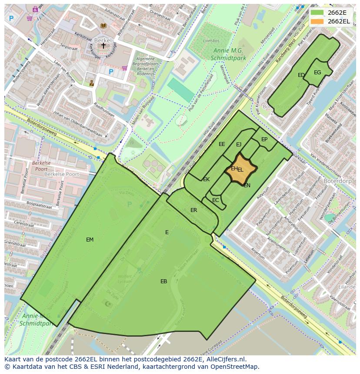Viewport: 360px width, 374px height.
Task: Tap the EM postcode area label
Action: pos(90,239)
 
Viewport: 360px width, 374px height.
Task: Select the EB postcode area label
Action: pos(163,281)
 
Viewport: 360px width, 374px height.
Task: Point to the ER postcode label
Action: pos(194,210)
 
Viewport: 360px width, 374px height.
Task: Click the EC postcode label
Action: pos(216,200)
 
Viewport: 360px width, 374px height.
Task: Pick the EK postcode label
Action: pos(206,179)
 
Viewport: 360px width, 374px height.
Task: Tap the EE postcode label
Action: pos(222,144)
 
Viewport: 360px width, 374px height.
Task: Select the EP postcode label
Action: pos(264,139)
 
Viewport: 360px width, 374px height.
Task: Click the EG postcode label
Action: pos(317,73)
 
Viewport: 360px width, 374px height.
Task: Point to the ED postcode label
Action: pos(301,75)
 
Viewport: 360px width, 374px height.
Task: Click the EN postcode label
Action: pos(247,185)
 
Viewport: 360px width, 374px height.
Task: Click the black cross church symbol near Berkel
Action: pos(103,45)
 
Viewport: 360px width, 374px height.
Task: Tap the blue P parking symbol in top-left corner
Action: pos(11,18)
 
